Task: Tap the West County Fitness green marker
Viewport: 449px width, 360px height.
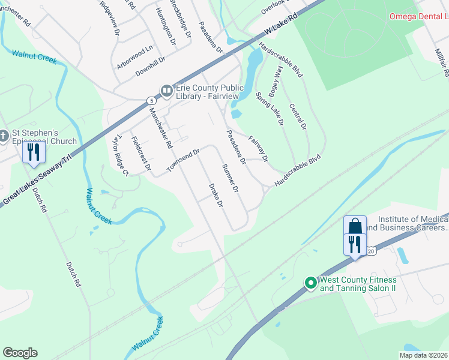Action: [310, 282]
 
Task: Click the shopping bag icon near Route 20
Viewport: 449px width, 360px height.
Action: [355, 226]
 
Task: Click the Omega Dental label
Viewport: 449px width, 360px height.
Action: [418, 16]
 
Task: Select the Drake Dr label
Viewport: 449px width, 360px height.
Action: [215, 195]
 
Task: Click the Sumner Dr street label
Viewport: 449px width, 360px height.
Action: [231, 178]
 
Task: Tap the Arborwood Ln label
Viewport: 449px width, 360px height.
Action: [135, 56]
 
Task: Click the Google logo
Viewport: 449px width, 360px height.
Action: [20, 353]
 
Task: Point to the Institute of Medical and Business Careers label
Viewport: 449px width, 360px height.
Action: [406, 223]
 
